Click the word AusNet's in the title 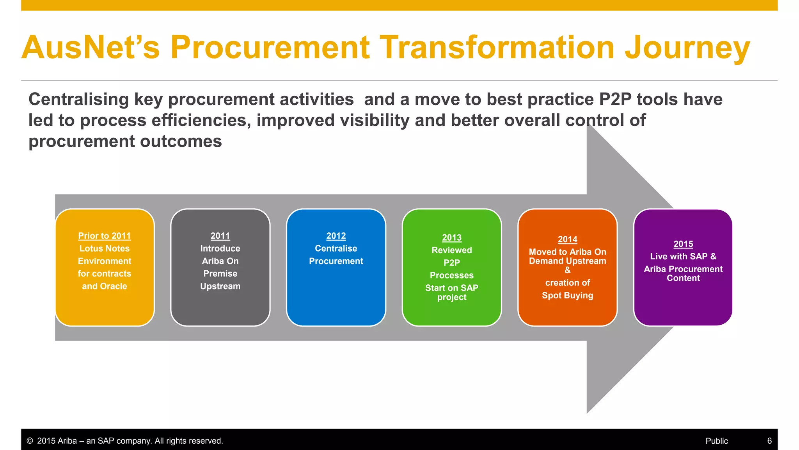click(91, 48)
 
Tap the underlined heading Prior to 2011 click(105, 236)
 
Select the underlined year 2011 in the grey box click(220, 236)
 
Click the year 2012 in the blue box click(336, 236)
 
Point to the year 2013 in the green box click(452, 237)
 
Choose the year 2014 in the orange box click(567, 239)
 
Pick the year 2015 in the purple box click(683, 244)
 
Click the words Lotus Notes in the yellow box click(105, 248)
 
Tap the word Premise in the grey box click(220, 273)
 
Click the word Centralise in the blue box click(336, 248)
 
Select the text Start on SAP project click(452, 292)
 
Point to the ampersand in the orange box click(567, 270)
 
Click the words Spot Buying click(567, 295)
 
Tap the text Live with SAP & click(683, 257)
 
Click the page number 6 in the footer click(769, 441)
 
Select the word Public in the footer click(717, 441)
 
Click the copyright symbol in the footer click(30, 441)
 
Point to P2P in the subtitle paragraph click(615, 99)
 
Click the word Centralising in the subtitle click(78, 99)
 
